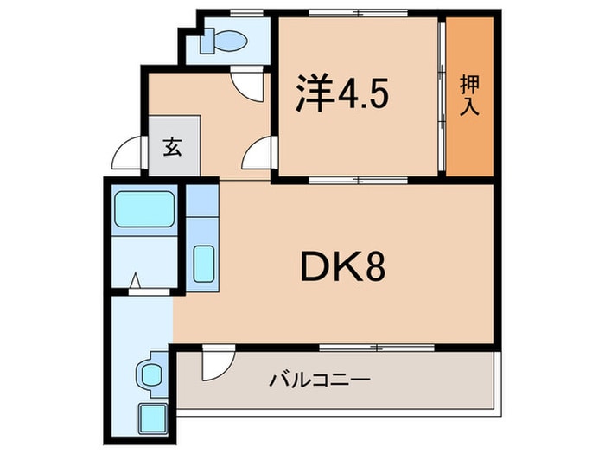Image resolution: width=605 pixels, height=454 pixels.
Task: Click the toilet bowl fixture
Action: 231,41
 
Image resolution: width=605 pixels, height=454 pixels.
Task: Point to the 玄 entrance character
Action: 173,146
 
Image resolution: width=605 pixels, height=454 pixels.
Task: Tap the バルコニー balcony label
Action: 318,380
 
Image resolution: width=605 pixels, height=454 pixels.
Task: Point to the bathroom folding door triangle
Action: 136,281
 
